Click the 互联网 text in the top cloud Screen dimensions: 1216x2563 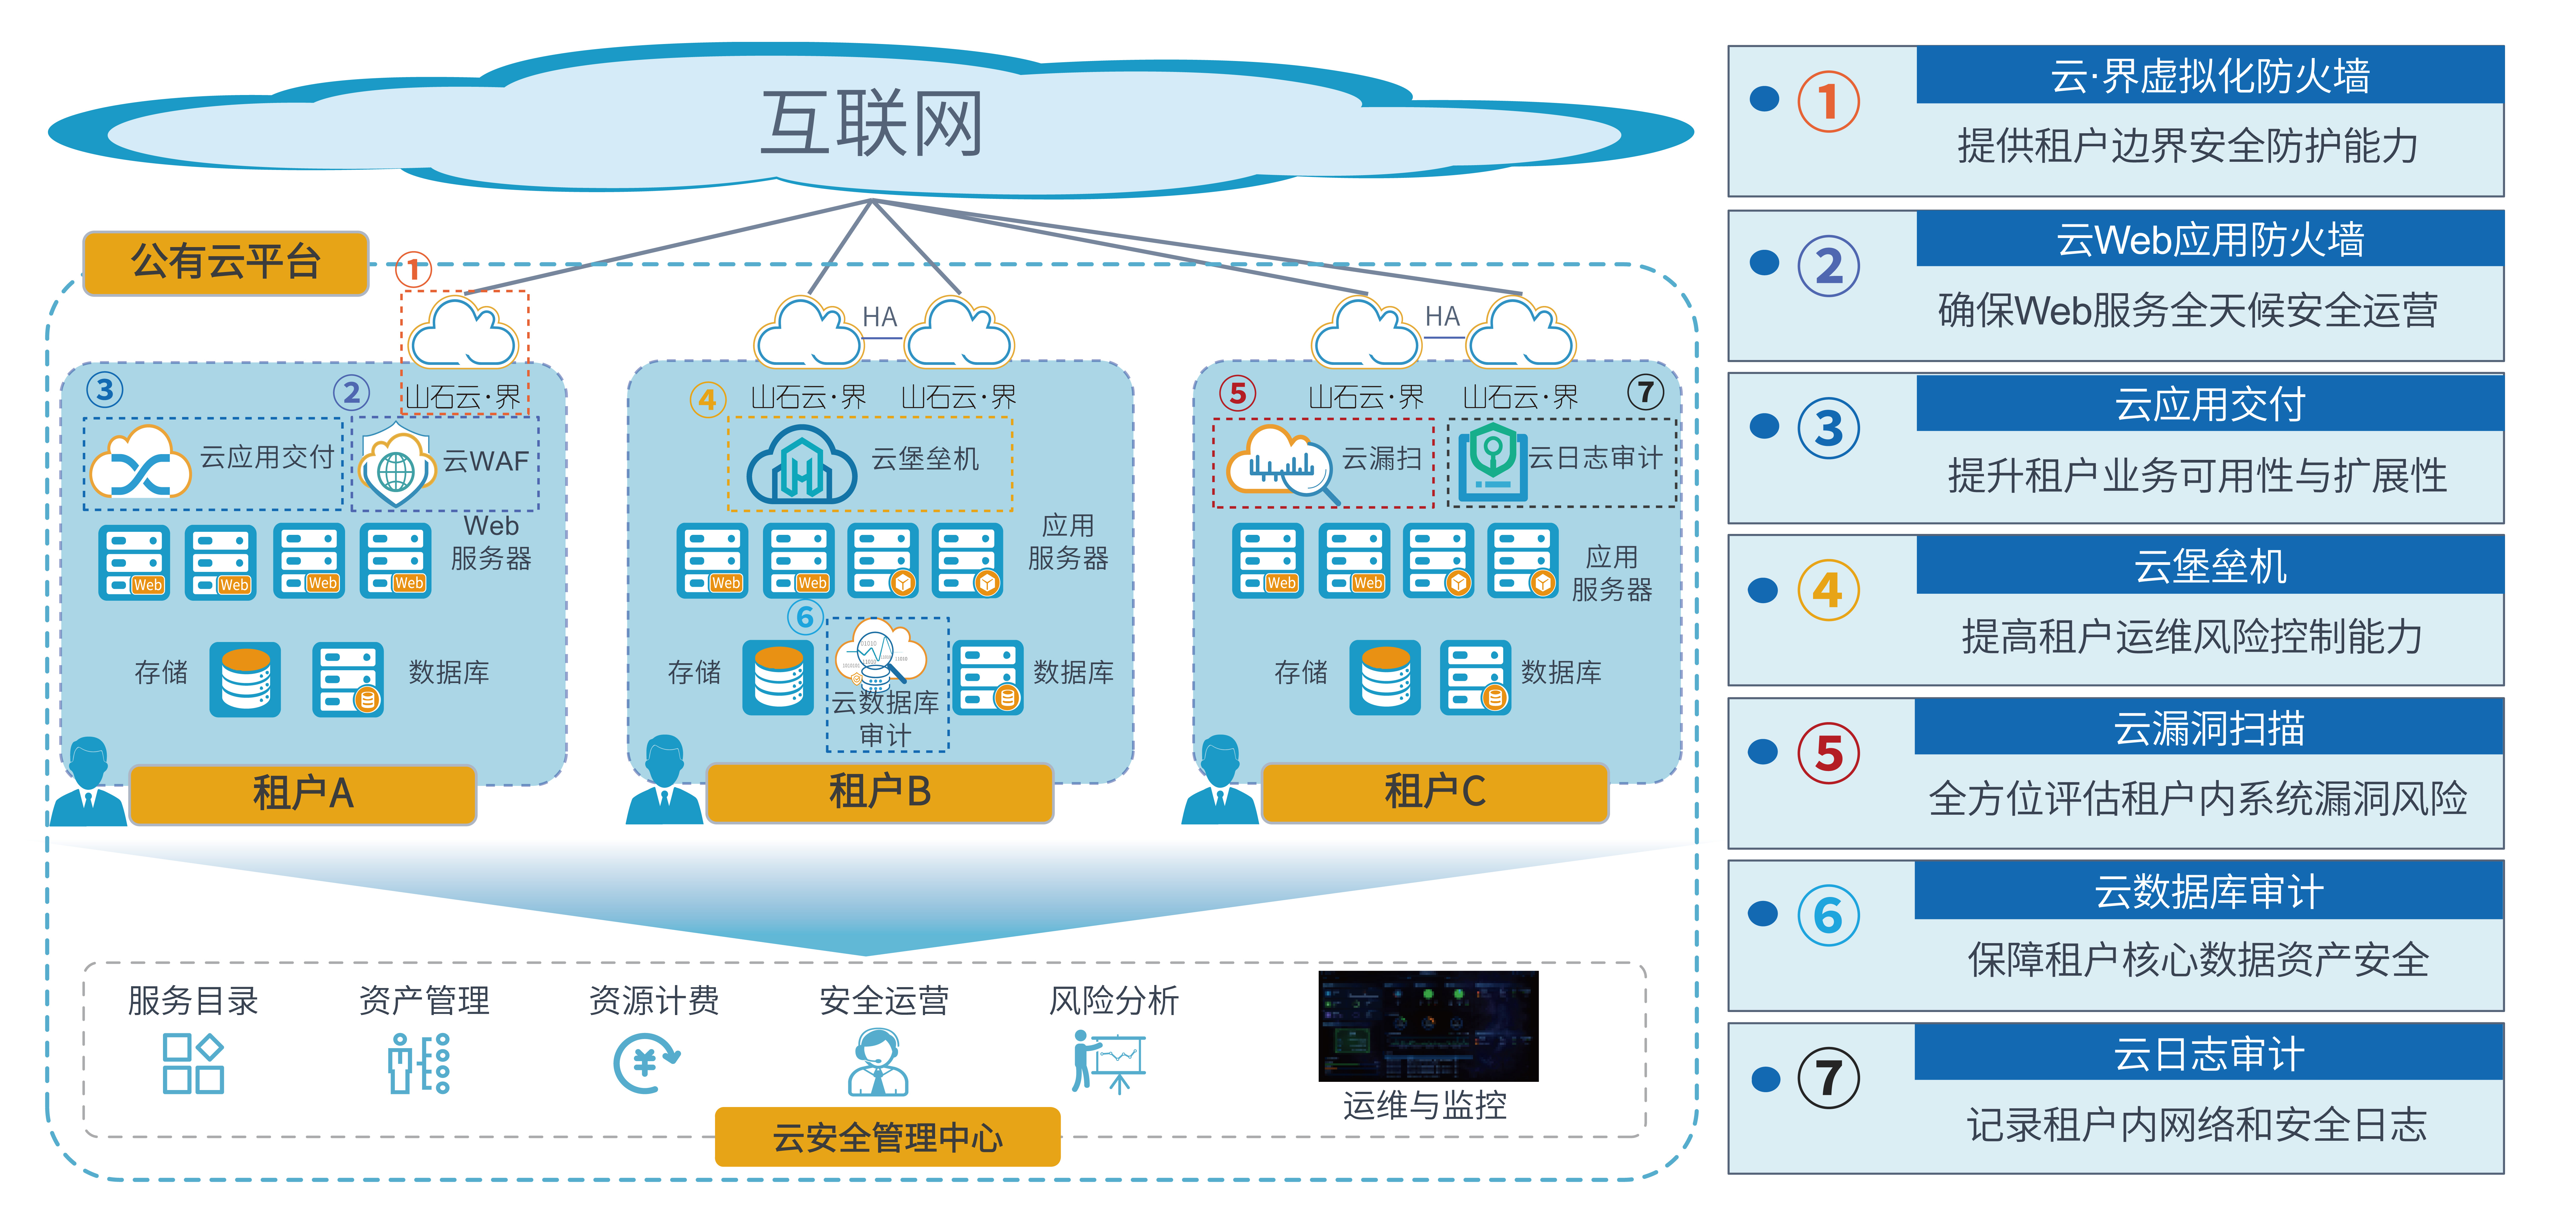pyautogui.click(x=872, y=124)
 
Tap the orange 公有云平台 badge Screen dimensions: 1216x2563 pyautogui.click(x=226, y=263)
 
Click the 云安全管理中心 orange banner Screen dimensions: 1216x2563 pyautogui.click(x=887, y=1136)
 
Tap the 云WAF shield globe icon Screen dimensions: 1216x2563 pyautogui.click(x=396, y=468)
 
